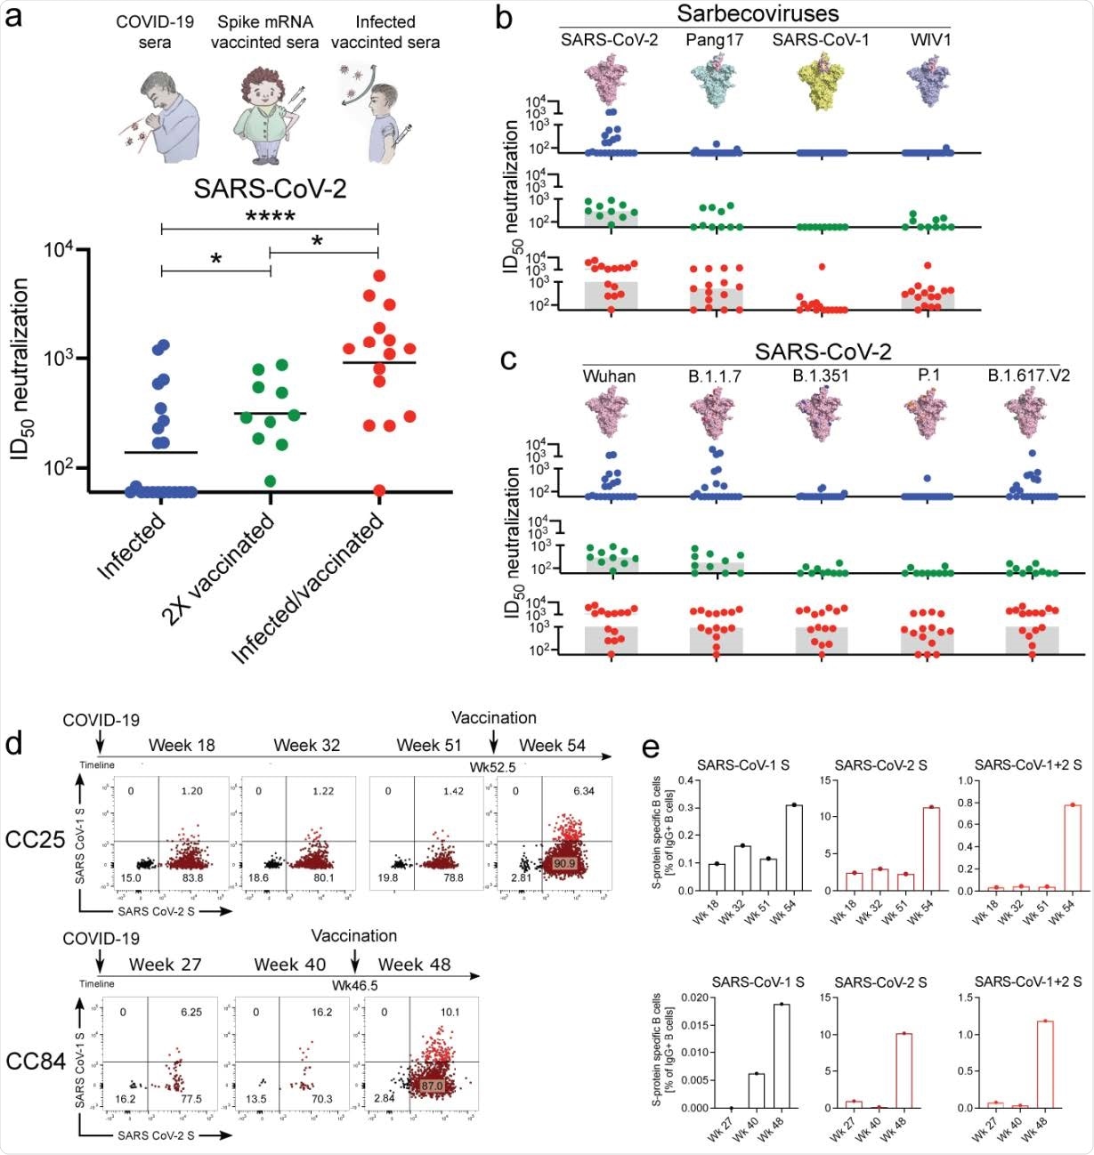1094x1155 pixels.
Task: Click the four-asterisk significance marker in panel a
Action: coord(270,216)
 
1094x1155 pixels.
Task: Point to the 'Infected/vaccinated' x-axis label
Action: coord(308,588)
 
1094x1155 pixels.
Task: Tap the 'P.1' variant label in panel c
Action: coord(928,376)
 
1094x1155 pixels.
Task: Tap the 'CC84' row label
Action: coord(36,1061)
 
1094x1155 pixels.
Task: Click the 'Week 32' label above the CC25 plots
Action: coord(306,745)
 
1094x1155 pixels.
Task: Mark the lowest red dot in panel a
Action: coord(379,490)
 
